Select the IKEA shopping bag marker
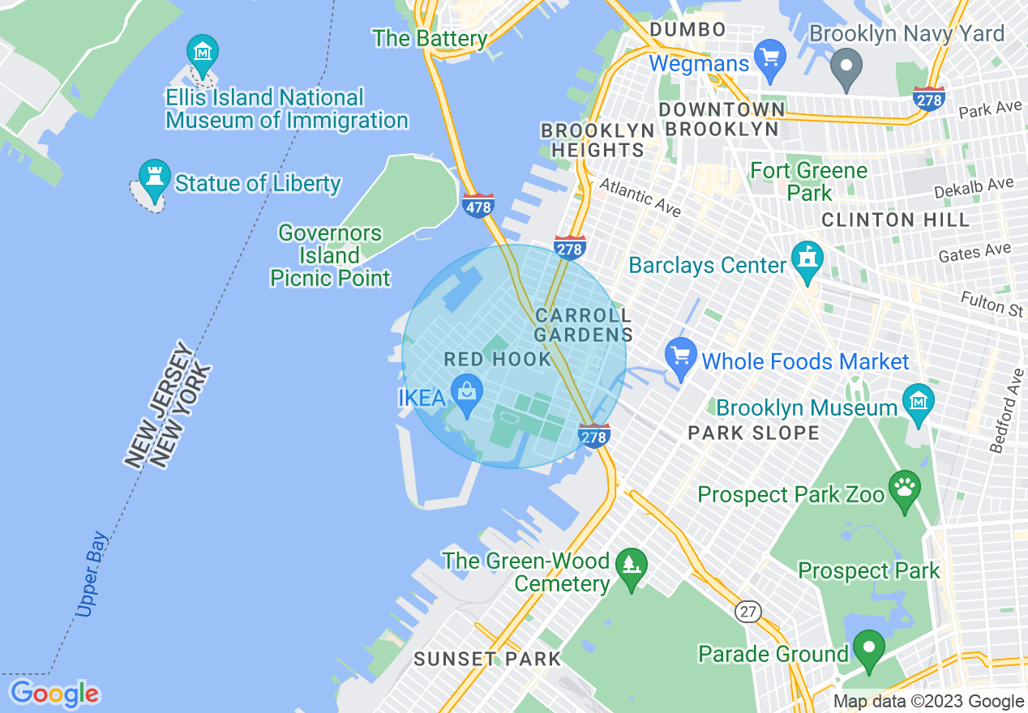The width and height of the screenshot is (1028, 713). (x=467, y=392)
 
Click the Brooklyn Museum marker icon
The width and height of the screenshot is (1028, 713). (x=919, y=402)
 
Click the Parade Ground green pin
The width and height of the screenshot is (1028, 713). (x=869, y=648)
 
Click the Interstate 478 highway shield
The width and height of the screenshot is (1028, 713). (x=478, y=205)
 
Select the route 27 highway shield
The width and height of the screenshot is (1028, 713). (x=749, y=611)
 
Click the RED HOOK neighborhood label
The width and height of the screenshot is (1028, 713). (x=498, y=359)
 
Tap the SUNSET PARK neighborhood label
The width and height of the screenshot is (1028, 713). (x=487, y=659)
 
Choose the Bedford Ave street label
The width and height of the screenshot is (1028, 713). (x=1005, y=411)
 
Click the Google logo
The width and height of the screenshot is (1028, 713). (x=54, y=694)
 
